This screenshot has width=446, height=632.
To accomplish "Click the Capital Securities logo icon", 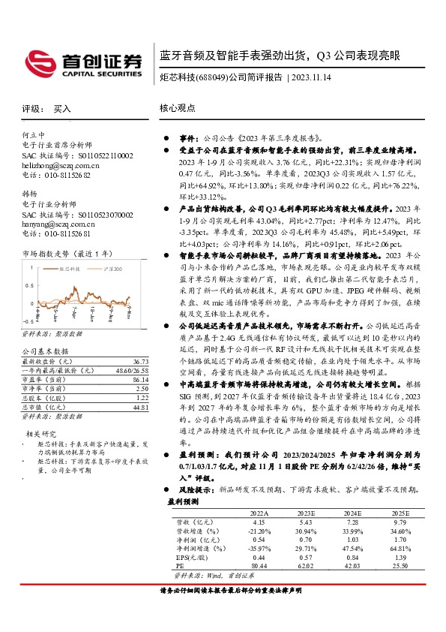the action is point(38,61).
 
